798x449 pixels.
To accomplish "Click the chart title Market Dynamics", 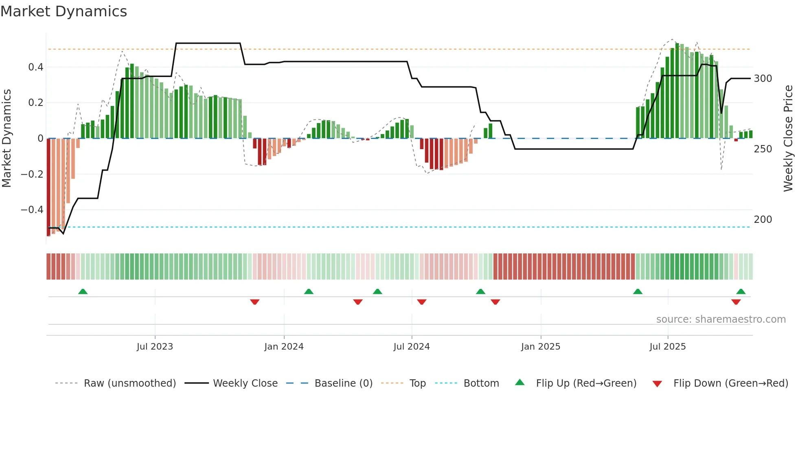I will [64, 11].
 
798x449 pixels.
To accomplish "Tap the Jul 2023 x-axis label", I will [155, 347].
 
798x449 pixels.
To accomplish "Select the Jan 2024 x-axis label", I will [284, 347].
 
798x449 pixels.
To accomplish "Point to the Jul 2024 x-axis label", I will [411, 347].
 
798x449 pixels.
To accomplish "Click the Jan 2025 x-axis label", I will [540, 347].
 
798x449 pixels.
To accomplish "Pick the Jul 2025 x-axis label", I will [667, 347].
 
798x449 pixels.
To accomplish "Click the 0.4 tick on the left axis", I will [36, 67].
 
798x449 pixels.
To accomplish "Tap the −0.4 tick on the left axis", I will [32, 210].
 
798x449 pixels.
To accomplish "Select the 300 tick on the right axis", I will [763, 79].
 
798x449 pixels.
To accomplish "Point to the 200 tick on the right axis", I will [763, 220].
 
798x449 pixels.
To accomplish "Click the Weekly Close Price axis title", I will [788, 139].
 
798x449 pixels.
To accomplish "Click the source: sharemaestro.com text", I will [721, 319].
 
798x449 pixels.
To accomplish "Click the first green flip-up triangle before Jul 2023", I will [83, 291].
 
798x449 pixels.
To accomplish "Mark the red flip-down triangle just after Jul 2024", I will [421, 302].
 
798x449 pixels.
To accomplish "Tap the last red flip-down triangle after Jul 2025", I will [736, 302].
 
